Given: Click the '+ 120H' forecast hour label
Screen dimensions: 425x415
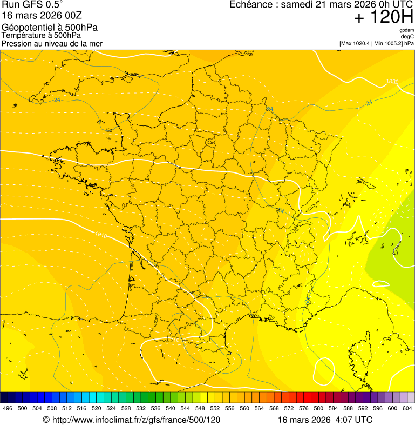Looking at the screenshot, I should pos(383,17).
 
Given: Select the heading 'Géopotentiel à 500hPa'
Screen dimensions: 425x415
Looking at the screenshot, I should pos(50,28).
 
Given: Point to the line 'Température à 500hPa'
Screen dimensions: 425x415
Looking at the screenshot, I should pos(41,35).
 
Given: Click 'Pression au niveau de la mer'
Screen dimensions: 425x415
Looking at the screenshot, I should pos(52,43).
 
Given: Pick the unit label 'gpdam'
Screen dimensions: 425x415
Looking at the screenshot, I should pos(406,30).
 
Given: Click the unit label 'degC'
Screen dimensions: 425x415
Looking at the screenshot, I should pos(408,37).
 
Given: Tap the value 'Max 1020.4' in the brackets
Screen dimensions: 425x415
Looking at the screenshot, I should pos(357,43).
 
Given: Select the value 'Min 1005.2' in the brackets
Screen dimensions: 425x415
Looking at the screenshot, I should pos(387,43).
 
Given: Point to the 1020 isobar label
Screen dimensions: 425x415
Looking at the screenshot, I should pos(392,82).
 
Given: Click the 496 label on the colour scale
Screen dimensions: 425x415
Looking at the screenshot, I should pos(8,408).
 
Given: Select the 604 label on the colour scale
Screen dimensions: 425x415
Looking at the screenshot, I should pos(407,408).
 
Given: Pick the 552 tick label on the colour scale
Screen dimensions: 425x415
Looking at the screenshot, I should pos(215,408).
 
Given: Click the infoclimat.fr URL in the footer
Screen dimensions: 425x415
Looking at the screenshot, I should pos(136,420).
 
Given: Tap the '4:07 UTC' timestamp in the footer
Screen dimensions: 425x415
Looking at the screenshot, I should pos(353,420).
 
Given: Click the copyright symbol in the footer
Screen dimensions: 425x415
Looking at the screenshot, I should pos(46,420).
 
